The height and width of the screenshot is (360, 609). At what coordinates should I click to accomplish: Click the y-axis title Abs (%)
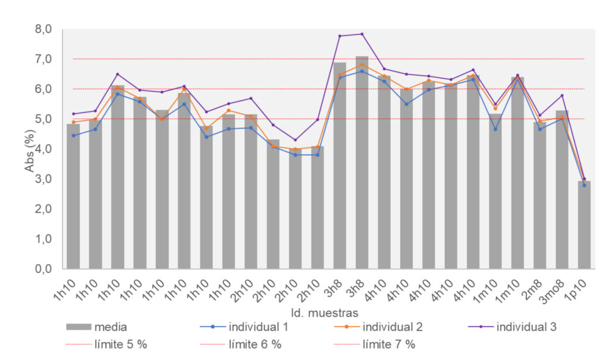click(x=30, y=149)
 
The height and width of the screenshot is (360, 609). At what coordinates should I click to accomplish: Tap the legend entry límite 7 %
click(x=389, y=344)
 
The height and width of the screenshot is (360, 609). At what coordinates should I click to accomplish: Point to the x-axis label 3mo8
click(x=558, y=289)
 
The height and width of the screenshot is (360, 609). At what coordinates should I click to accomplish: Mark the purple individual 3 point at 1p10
click(x=584, y=179)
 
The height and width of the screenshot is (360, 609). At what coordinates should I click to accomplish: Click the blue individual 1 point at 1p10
click(x=584, y=186)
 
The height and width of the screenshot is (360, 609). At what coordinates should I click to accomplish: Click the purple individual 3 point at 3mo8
click(x=562, y=95)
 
